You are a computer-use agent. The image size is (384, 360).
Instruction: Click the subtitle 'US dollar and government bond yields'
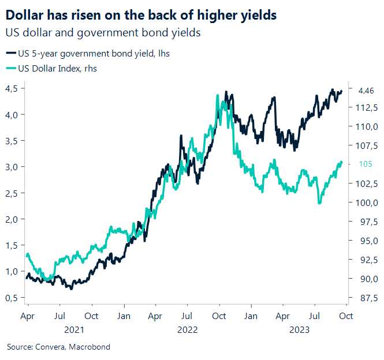(103, 33)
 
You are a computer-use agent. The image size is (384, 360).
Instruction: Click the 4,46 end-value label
(366, 91)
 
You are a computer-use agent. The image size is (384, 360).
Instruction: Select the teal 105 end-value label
(364, 164)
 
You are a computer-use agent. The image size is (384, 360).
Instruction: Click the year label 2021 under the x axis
(74, 329)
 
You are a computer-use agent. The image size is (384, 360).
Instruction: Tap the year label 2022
(187, 329)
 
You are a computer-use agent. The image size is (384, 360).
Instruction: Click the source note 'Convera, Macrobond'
(58, 347)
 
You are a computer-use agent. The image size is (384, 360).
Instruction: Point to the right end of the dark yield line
(341, 91)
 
